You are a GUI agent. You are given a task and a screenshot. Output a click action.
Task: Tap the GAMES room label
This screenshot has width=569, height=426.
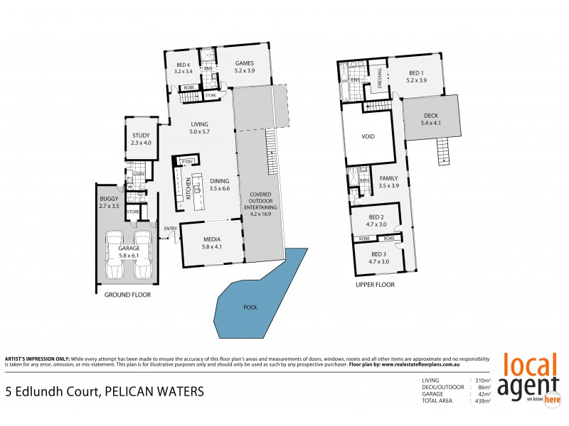[x=245, y=62]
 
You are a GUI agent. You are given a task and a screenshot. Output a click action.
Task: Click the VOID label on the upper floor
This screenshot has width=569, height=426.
[x=368, y=136]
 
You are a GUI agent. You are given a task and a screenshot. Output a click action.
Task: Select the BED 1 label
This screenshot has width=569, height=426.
[x=417, y=72]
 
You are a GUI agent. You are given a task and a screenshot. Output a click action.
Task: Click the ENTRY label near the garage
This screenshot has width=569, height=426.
[x=170, y=228]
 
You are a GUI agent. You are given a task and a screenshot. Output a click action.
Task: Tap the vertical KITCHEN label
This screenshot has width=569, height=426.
[x=188, y=188]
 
